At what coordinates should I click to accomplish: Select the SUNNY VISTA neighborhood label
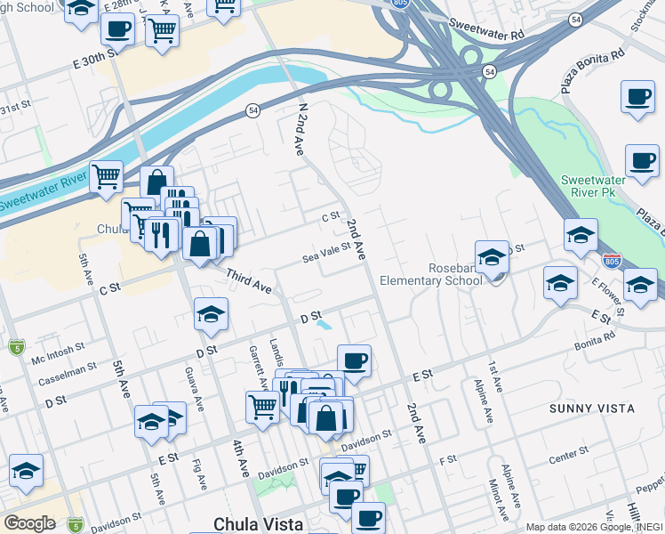pos(592,409)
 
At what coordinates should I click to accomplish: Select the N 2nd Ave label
pos(301,130)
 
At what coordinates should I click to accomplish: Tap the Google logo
pos(29,523)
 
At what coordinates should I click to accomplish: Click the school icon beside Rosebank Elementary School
pos(492,257)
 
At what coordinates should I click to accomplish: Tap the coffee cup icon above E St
pos(354,360)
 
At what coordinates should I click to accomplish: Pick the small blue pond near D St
pos(324,326)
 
